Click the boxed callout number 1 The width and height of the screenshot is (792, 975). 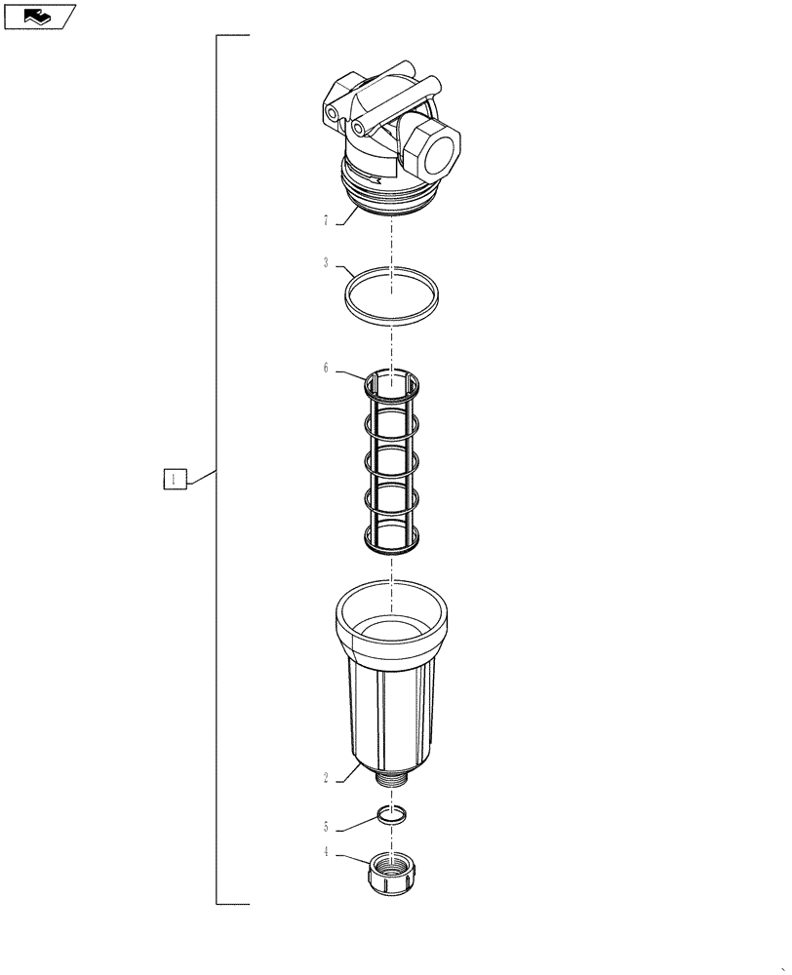(x=173, y=480)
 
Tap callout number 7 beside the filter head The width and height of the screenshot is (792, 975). (x=325, y=221)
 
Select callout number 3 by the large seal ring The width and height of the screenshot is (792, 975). (x=325, y=263)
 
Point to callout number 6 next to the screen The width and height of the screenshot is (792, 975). (x=325, y=369)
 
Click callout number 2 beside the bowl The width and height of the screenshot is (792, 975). (x=325, y=777)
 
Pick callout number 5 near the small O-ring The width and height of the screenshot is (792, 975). (x=325, y=827)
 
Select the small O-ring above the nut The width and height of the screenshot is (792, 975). (x=391, y=814)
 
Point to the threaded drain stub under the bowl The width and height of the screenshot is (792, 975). (x=391, y=780)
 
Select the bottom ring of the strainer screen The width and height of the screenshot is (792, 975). (x=391, y=538)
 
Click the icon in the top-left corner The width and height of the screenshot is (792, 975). (x=39, y=16)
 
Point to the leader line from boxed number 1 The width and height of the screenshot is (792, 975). (x=200, y=476)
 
